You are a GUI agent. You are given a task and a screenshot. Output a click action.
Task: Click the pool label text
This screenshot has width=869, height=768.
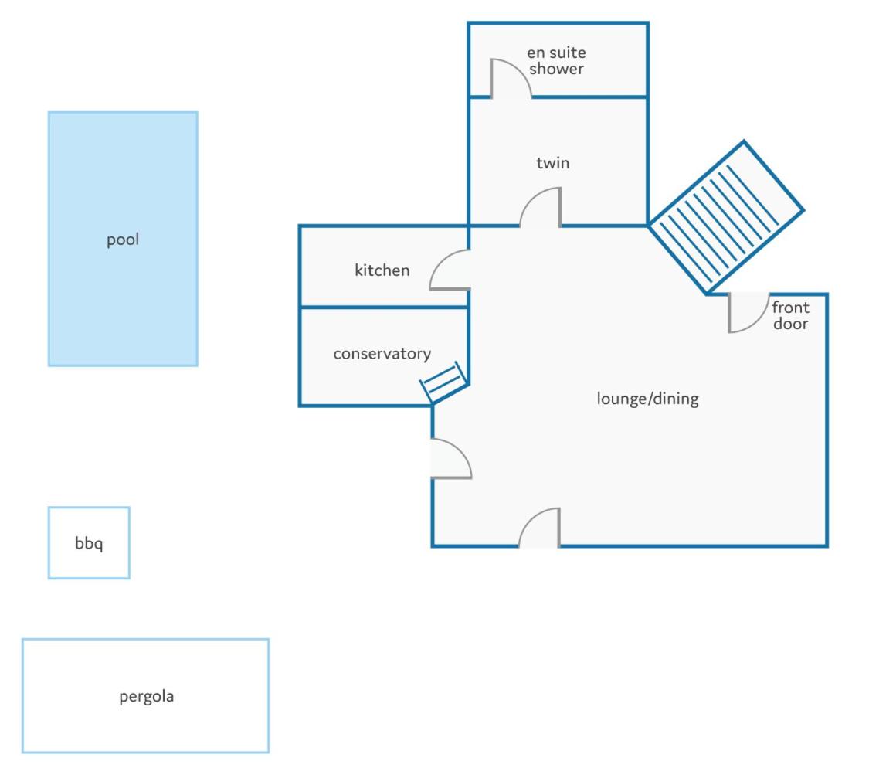tap(123, 240)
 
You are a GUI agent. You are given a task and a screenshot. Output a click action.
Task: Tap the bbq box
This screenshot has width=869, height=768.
tap(89, 543)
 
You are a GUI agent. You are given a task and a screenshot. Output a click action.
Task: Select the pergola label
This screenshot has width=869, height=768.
tap(146, 696)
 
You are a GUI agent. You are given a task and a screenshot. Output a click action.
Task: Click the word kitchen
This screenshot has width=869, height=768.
tap(382, 270)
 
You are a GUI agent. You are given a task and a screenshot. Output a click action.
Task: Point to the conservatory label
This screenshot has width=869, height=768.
tap(382, 354)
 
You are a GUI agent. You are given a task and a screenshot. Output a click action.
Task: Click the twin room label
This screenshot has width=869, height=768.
tap(552, 163)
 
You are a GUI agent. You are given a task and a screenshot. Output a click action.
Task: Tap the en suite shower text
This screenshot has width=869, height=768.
tap(556, 60)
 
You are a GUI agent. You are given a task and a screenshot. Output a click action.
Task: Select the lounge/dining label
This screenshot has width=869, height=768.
tap(647, 399)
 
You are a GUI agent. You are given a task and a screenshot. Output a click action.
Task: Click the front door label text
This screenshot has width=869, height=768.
tap(790, 315)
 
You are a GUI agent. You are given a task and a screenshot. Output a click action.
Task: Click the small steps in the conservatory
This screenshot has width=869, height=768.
tap(444, 382)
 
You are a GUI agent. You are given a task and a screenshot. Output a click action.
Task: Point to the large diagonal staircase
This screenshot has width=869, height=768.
tap(726, 217)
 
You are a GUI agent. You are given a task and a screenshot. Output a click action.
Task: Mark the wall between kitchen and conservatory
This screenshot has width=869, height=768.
tap(383, 307)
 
